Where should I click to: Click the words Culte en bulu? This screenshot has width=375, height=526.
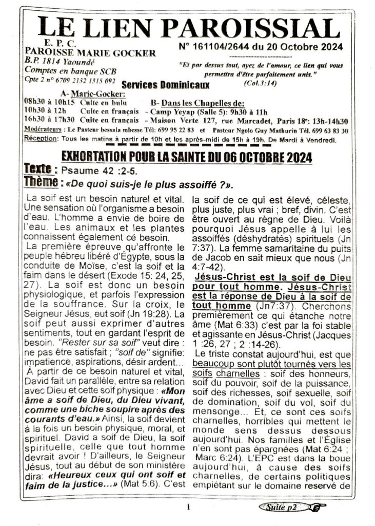coord(108,102)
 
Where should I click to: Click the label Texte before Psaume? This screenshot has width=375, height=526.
coord(41,169)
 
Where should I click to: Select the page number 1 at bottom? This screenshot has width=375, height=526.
coord(188,508)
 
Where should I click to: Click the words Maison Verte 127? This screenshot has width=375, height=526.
coord(175,121)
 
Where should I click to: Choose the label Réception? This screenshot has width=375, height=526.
coord(42,139)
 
